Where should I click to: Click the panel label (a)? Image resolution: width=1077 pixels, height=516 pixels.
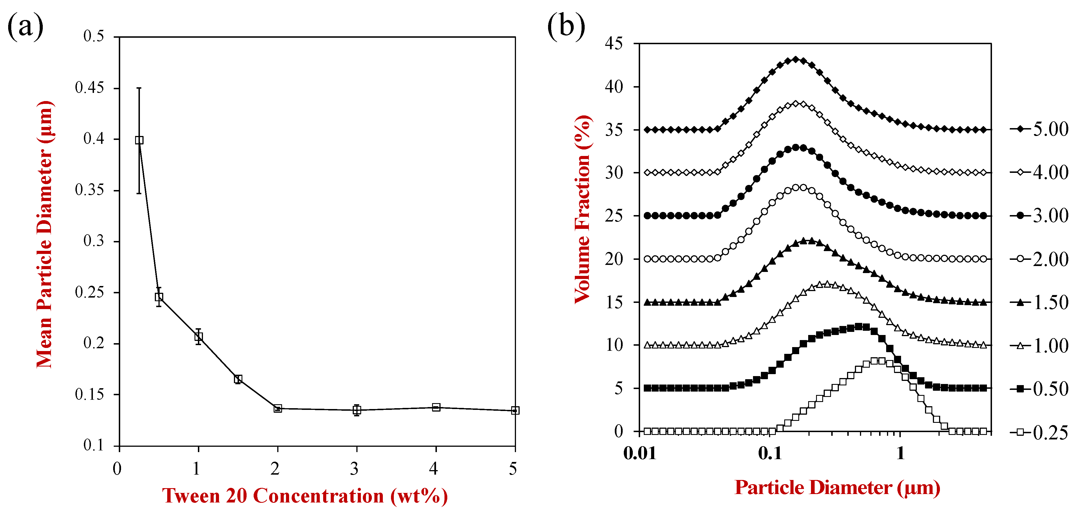25,26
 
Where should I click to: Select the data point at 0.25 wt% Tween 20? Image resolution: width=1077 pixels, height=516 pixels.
139,140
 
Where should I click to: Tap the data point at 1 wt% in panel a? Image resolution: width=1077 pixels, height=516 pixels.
198,336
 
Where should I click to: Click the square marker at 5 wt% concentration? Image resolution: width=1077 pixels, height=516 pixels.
515,410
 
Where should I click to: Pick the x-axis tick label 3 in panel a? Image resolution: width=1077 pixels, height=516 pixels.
354,469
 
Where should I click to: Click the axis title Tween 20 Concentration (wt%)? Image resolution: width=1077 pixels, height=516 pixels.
305,496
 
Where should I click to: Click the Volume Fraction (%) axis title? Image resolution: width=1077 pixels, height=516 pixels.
583,209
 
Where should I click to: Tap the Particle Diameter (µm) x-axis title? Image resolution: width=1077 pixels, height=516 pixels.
837,488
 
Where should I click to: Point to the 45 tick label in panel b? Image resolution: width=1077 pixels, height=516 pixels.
613,43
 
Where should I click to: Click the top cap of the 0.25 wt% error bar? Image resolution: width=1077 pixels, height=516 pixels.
139,88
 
